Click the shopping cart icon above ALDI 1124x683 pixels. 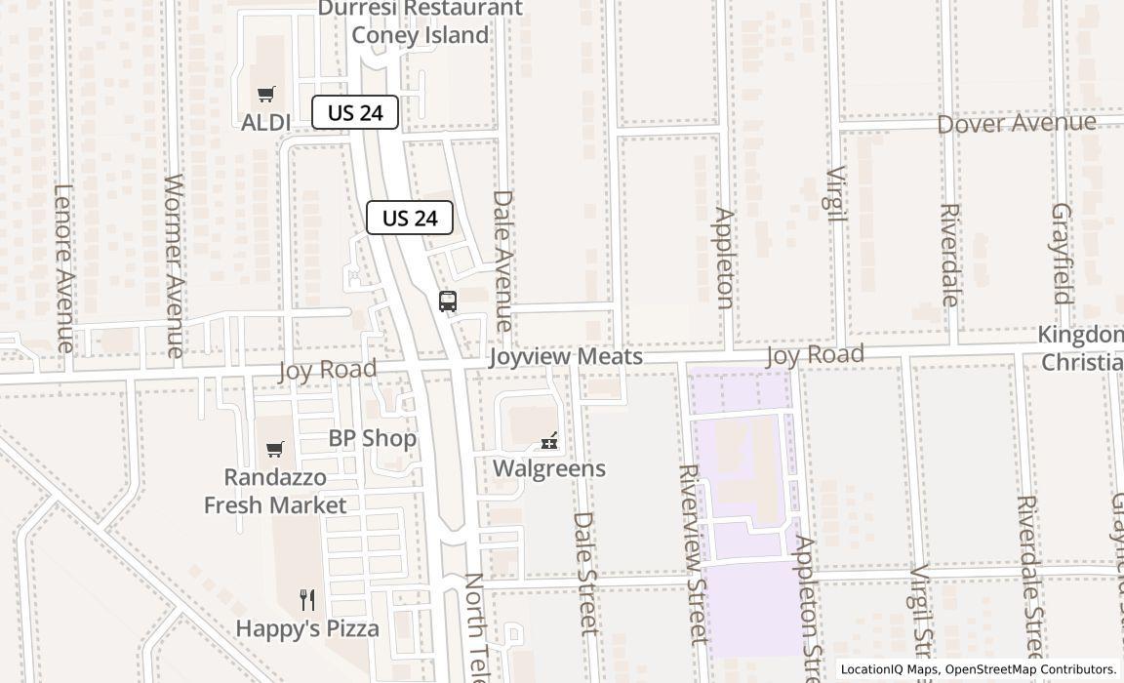265,95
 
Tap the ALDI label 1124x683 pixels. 265,122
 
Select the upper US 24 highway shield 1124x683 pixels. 355,112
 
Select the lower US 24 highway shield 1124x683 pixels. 410,218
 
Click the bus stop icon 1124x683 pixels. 448,301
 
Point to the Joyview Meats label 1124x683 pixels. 566,356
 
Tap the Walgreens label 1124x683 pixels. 548,468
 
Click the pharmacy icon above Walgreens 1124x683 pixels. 549,441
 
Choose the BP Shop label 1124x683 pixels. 372,438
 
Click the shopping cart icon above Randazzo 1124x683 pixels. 275,449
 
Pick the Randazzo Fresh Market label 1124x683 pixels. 275,492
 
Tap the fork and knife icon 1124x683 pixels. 307,599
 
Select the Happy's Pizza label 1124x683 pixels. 307,628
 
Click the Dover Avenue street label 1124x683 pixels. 1017,124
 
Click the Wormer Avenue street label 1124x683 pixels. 175,264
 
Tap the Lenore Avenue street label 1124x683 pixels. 64,267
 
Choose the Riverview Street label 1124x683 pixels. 692,553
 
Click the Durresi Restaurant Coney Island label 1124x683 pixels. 420,22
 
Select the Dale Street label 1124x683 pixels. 584,574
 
